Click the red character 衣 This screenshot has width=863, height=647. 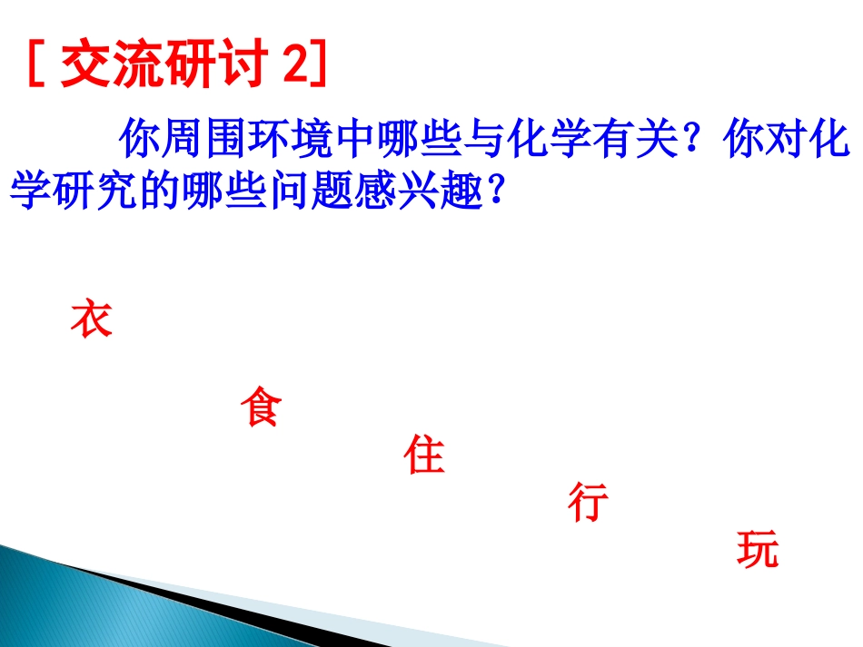pos(91,319)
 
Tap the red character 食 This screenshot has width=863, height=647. pos(261,407)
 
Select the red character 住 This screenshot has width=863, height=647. pos(424,455)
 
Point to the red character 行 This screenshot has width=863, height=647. pos(588,502)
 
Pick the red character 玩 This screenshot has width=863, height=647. pos(758,550)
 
